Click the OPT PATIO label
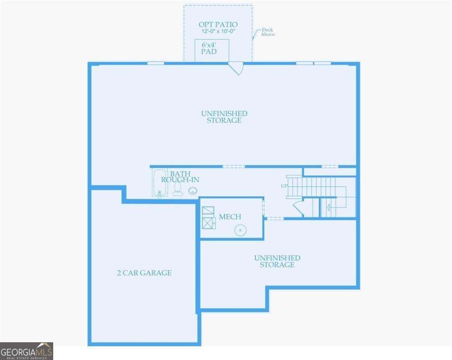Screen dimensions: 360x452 tap(218, 24)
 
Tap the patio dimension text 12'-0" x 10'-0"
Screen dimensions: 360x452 tap(218, 31)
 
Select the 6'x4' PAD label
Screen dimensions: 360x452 tap(209, 48)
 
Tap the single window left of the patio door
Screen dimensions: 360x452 tap(156, 63)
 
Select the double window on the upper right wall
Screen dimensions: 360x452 tap(313, 63)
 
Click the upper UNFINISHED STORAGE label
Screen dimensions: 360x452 tap(224, 117)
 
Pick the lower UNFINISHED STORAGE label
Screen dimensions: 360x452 tap(277, 261)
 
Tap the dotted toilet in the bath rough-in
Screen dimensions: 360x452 tap(177, 189)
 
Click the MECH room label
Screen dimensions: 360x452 tap(230, 217)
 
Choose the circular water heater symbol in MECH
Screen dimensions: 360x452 tap(240, 231)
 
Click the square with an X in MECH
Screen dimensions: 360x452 tap(208, 223)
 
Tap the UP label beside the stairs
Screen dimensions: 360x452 tap(284, 186)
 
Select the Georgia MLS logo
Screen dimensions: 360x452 tap(26, 351)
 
